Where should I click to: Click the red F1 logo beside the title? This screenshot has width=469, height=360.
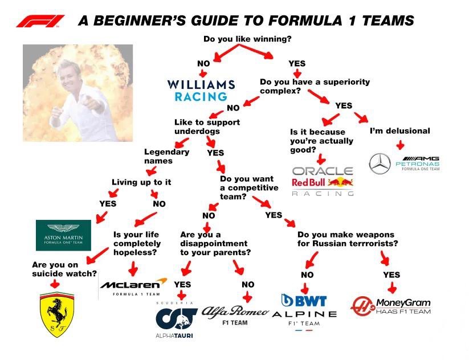point(40,21)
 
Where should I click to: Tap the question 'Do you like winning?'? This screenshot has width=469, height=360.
point(247,39)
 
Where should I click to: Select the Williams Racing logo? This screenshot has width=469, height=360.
point(201,91)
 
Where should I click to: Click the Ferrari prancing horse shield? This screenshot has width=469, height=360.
point(57,314)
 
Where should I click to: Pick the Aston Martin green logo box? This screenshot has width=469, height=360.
point(63,235)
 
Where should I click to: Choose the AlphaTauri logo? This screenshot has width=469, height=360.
point(176,320)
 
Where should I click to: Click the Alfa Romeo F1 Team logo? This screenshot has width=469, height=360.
point(235,316)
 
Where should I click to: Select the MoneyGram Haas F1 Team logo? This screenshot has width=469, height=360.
point(390,306)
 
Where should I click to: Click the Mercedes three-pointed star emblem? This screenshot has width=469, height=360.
point(380,163)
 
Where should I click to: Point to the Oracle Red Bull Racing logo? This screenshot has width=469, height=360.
point(323,181)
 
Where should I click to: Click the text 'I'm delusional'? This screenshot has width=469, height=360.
point(400,130)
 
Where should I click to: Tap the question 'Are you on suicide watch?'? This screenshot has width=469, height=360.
point(64,269)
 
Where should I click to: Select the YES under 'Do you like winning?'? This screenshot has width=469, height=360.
point(297,63)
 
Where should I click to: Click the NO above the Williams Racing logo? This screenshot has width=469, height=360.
point(203,63)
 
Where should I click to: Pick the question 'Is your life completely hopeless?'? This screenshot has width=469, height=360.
point(137,243)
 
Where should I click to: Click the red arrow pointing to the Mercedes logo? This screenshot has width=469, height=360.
point(400,145)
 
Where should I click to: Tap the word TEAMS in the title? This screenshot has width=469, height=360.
point(388,21)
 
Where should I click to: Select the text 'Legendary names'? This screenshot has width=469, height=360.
point(166,156)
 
